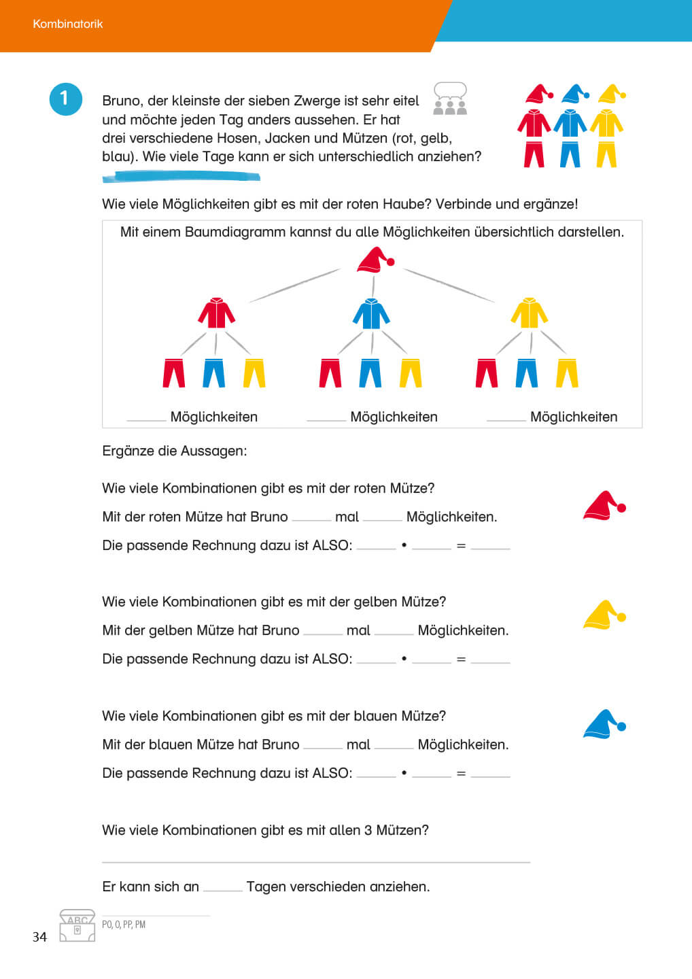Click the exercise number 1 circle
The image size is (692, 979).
(65, 99)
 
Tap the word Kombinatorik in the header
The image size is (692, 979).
(68, 24)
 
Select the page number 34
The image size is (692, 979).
(39, 937)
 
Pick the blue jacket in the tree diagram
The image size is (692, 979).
(371, 313)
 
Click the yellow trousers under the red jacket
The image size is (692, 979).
(254, 373)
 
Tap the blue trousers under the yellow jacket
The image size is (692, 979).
(527, 373)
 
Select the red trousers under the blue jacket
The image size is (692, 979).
(330, 373)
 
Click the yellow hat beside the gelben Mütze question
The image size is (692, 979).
(604, 615)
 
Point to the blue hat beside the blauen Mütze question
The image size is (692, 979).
(604, 725)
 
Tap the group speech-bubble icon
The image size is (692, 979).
(450, 99)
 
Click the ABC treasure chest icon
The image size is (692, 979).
(77, 925)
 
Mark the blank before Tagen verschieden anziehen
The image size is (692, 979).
(222, 887)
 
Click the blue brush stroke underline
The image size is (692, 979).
(181, 177)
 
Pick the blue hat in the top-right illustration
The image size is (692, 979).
(574, 94)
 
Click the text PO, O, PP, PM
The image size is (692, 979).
(124, 925)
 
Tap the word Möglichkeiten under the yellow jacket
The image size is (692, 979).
(573, 417)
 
